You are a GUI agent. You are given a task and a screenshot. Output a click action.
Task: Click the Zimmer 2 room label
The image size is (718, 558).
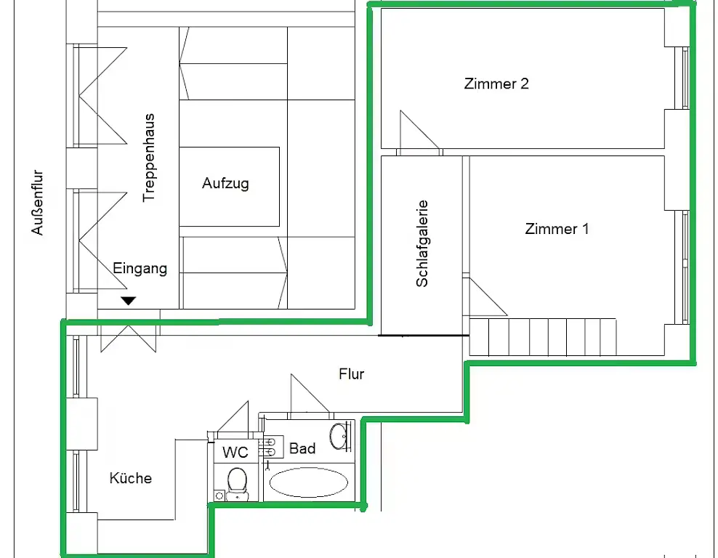click(x=496, y=84)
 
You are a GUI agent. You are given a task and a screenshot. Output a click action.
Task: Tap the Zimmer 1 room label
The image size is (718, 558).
click(x=557, y=229)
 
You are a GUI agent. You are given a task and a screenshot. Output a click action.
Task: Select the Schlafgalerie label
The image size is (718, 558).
click(x=421, y=243)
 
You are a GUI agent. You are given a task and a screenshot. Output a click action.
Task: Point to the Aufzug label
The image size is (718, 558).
click(x=226, y=184)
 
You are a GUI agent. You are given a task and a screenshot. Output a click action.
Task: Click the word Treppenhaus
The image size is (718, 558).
click(x=149, y=158)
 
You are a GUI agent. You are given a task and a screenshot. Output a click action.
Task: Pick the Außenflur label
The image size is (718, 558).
click(x=37, y=202)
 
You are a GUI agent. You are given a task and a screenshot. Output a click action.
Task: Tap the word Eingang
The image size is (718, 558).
click(x=140, y=268)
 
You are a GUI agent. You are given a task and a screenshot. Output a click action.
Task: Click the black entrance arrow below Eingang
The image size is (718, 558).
click(x=129, y=301)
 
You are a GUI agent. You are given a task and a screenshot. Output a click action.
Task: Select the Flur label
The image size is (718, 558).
click(x=352, y=374)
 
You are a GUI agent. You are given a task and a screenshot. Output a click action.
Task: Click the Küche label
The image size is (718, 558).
click(x=131, y=478)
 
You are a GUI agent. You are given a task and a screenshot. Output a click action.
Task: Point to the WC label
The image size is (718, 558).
click(x=235, y=452)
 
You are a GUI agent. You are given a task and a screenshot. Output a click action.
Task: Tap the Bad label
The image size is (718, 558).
click(x=302, y=448)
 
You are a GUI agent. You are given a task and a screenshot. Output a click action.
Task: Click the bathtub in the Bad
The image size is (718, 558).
click(x=309, y=482)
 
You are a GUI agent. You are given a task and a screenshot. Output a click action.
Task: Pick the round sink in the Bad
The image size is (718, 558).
click(x=339, y=436)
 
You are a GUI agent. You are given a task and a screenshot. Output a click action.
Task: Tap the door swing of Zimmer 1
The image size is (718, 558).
click(x=488, y=297)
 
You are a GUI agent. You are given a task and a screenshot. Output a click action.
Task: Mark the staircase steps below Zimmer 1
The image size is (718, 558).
click(x=543, y=337)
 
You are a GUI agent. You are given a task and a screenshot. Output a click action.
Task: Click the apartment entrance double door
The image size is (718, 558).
click(x=129, y=339)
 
